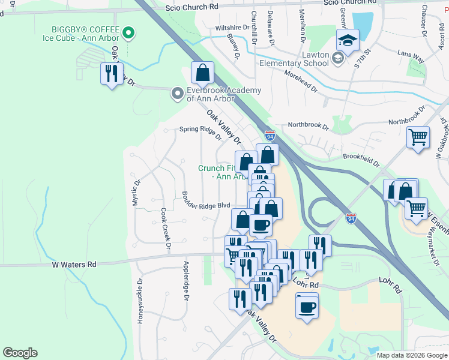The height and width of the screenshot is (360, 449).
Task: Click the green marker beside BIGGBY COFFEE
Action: pyautogui.click(x=128, y=32)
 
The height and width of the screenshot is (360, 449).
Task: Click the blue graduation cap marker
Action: pyautogui.click(x=346, y=41)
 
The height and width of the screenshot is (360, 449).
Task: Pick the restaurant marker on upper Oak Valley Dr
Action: pyautogui.click(x=111, y=74)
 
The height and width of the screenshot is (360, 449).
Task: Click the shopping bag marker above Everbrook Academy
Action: pyautogui.click(x=203, y=73)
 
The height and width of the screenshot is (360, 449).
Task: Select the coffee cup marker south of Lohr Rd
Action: pyautogui.click(x=307, y=307)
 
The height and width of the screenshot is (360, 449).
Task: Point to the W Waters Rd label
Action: pyautogui.click(x=74, y=263)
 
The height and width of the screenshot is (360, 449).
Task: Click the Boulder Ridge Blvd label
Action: pyautogui.click(x=206, y=205)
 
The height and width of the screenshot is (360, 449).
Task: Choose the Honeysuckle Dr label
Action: pyautogui.click(x=140, y=301)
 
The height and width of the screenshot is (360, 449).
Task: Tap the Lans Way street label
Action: pyautogui.click(x=411, y=57)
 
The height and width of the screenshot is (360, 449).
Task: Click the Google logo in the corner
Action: pyautogui.click(x=20, y=353)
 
